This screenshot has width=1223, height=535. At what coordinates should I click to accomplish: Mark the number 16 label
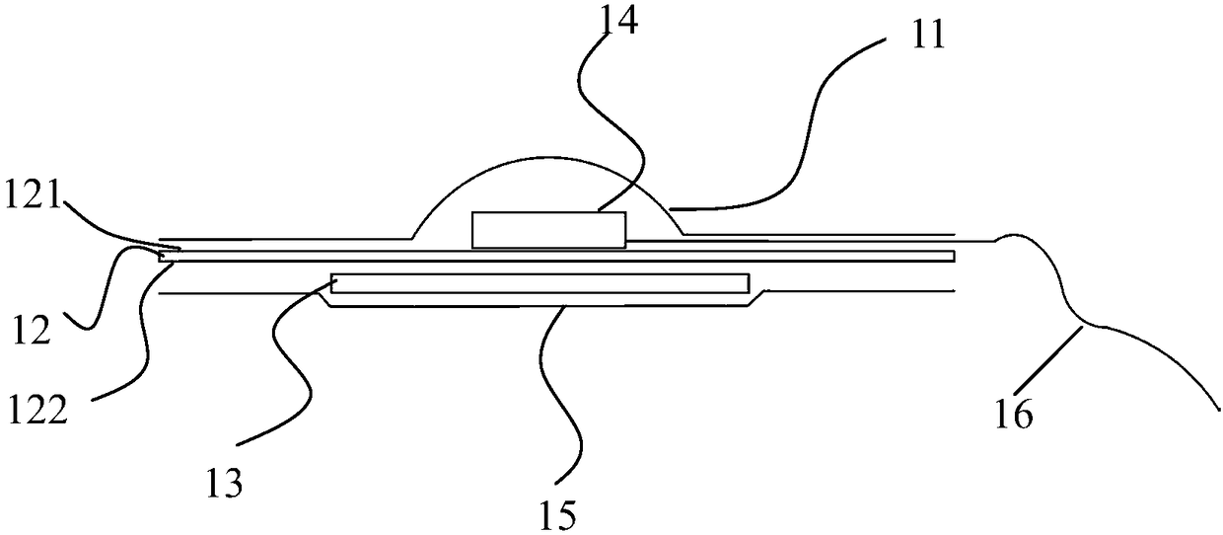point(1013,415)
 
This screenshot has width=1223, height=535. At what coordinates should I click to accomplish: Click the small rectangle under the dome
point(548,229)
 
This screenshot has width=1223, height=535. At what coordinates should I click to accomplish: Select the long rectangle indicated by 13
point(540,283)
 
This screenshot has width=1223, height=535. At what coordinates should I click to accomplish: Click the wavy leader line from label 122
point(146,336)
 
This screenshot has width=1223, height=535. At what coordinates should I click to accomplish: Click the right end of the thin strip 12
point(953,257)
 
